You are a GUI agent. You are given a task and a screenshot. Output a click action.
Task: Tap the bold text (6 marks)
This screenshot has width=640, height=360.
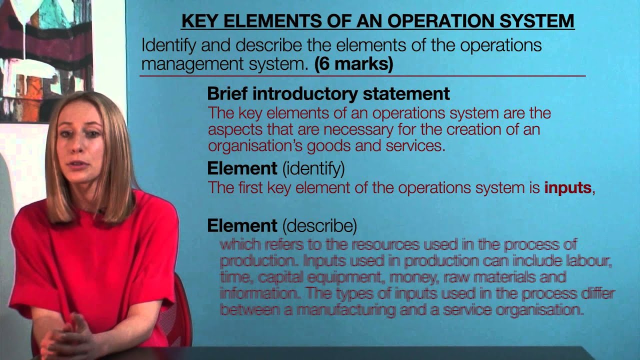coord(353,64)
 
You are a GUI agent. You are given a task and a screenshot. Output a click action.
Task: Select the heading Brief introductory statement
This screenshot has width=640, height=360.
coord(328,93)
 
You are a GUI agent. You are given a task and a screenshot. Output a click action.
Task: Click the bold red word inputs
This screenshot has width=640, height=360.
coord(567,188)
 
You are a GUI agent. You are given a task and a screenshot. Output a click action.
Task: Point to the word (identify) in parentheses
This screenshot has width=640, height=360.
coord(313,168)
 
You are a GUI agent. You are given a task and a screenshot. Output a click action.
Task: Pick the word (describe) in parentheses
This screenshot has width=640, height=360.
coord(319,226)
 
